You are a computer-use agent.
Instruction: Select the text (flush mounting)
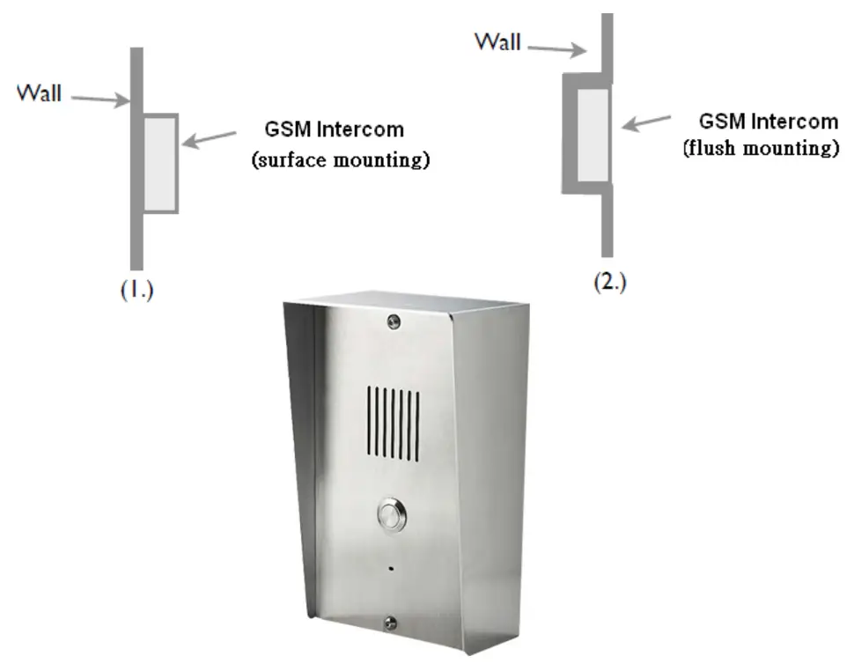[x=761, y=148]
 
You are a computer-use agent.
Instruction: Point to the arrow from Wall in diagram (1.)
[x=99, y=98]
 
